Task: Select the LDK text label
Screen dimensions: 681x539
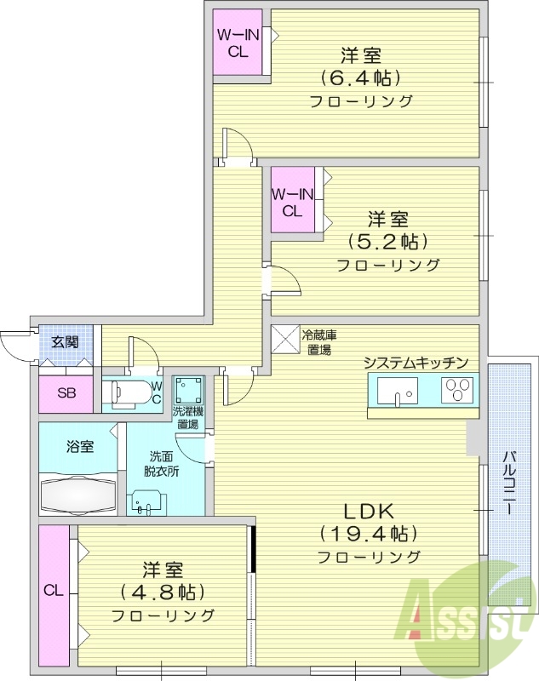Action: pos(368,512)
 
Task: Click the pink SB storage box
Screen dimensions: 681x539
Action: pos(66,393)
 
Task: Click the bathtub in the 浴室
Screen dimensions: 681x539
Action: pos(79,493)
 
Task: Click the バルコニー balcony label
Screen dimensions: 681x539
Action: pos(507,482)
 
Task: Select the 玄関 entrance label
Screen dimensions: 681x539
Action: pos(65,342)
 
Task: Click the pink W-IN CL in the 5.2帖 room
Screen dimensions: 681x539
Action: pos(292,201)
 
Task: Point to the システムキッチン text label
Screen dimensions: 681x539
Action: pos(416,363)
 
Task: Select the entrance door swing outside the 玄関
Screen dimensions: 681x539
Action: pos(15,345)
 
